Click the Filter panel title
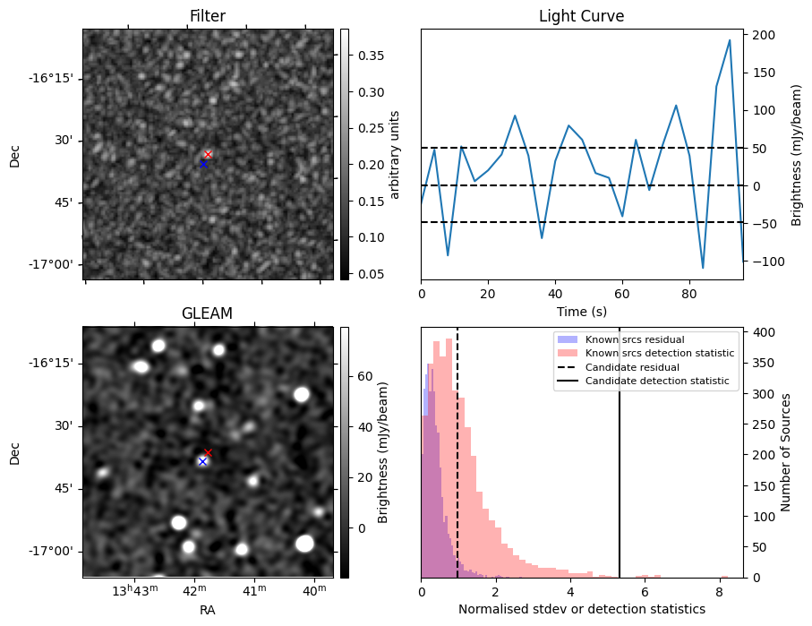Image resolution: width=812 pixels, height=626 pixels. (x=208, y=16)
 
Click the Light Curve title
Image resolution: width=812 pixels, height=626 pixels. (x=581, y=16)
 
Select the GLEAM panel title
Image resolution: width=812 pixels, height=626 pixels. (x=208, y=313)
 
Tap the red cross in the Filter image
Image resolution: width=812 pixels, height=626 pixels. (x=208, y=154)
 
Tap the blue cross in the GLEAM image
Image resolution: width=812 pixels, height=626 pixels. (x=202, y=461)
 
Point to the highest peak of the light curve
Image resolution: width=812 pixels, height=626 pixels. (x=730, y=40)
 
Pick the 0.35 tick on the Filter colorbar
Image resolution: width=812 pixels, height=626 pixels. (x=363, y=56)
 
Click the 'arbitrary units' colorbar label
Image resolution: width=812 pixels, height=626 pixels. (x=394, y=154)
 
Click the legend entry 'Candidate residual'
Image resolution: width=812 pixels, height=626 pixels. (x=631, y=368)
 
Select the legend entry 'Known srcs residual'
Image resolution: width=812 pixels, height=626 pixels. (x=634, y=340)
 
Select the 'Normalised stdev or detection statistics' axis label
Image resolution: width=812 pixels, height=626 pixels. (x=581, y=609)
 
